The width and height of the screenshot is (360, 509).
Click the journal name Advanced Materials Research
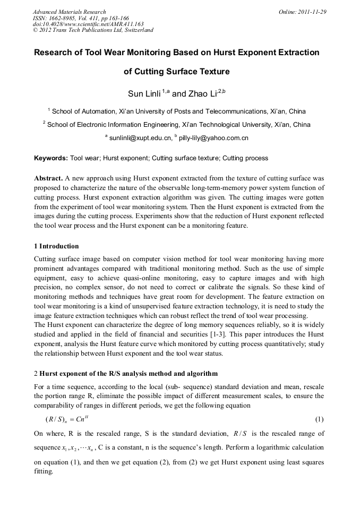click(69, 12)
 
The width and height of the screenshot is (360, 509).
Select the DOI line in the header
click(88, 24)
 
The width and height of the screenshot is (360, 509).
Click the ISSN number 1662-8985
click(63, 18)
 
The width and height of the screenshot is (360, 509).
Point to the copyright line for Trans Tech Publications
click(93, 30)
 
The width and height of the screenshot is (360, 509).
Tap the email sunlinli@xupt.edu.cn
click(140, 138)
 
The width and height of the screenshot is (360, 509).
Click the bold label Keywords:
click(51, 158)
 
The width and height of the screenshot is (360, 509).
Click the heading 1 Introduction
click(56, 246)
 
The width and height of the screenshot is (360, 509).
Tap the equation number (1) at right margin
click(319, 419)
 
